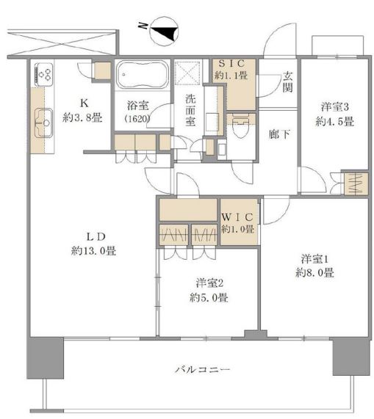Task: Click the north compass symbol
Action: coord(164,31)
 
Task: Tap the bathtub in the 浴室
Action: coord(143,75)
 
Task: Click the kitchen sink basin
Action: coord(43,123)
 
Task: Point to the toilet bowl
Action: coord(241,127)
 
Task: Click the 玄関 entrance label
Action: coord(287,82)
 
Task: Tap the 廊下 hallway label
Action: coord(279,134)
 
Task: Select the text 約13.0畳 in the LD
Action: coord(93,251)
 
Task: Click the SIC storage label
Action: coord(231,64)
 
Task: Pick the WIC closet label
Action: coord(237,217)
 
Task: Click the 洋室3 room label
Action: coord(334,107)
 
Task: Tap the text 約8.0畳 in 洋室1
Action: coord(314,273)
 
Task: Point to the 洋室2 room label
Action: coord(209,283)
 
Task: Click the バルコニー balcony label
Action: coord(203,370)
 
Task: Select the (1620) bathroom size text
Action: coord(137,119)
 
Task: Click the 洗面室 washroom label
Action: coord(190,110)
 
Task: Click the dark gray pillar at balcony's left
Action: coord(46,358)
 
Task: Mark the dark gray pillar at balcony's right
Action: coord(351,357)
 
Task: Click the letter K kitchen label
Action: coord(84,103)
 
